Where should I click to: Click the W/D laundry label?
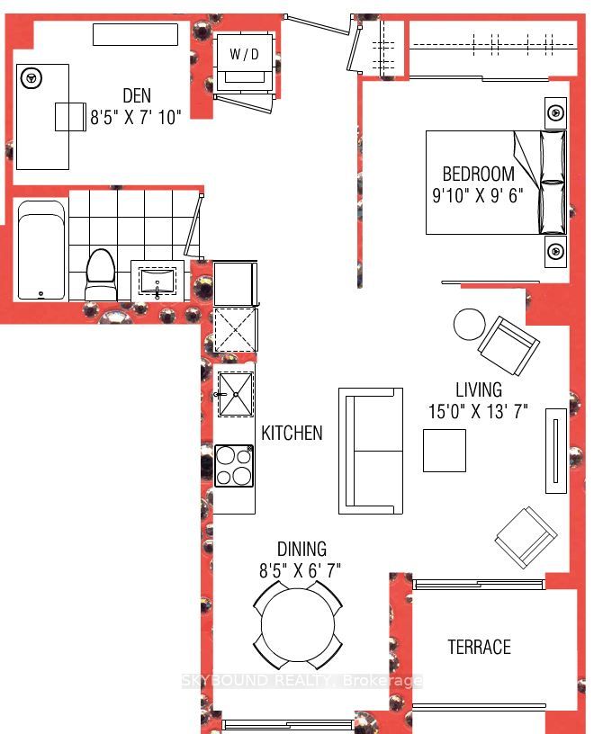[x=244, y=54]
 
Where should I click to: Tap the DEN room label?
[x=137, y=95]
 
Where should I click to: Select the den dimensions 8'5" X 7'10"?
[x=135, y=117]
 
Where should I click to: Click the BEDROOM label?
[x=479, y=174]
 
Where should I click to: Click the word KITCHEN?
[x=292, y=433]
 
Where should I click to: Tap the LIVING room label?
[x=479, y=390]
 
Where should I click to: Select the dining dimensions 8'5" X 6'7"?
[x=300, y=570]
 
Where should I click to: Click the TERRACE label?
[x=480, y=647]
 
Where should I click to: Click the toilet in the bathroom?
[x=101, y=274]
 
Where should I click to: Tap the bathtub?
[x=41, y=250]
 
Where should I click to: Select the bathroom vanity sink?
[x=157, y=281]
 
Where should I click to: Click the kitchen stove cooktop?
[x=234, y=465]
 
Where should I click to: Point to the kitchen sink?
[x=236, y=394]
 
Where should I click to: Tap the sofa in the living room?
[x=371, y=452]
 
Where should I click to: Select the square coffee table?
[x=445, y=451]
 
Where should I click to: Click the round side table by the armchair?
[x=470, y=326]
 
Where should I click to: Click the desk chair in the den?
[x=70, y=117]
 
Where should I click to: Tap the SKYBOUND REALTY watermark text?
[x=302, y=680]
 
